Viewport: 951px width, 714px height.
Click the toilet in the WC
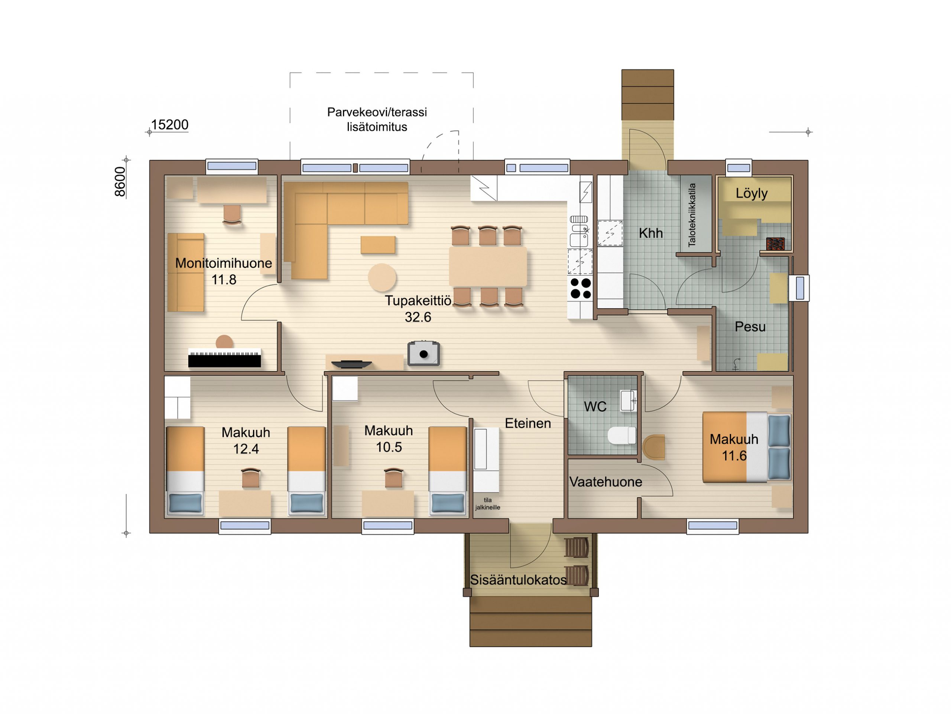coord(621,435)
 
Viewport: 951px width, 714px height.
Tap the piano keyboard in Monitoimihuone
coord(224,358)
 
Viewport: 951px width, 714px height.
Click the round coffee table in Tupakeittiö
coord(382,277)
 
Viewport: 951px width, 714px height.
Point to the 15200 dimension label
coord(170,125)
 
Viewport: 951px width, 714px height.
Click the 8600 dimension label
coord(120,181)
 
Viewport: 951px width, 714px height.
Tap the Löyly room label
coord(752,193)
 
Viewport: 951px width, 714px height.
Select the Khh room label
coord(650,233)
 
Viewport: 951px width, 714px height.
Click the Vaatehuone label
coord(606,482)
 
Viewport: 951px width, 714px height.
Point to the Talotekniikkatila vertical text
coord(692,215)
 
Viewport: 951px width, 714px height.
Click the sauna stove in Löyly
coord(775,244)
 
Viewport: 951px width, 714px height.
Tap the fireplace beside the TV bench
coord(423,353)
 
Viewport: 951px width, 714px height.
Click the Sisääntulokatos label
coord(518,580)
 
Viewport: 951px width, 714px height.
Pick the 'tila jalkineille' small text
coord(487,504)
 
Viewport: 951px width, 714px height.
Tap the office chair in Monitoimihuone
coord(232,214)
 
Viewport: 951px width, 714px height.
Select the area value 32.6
coord(418,317)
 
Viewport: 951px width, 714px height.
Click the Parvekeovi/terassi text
coord(377,112)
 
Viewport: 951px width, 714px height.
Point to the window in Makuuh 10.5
coord(388,525)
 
